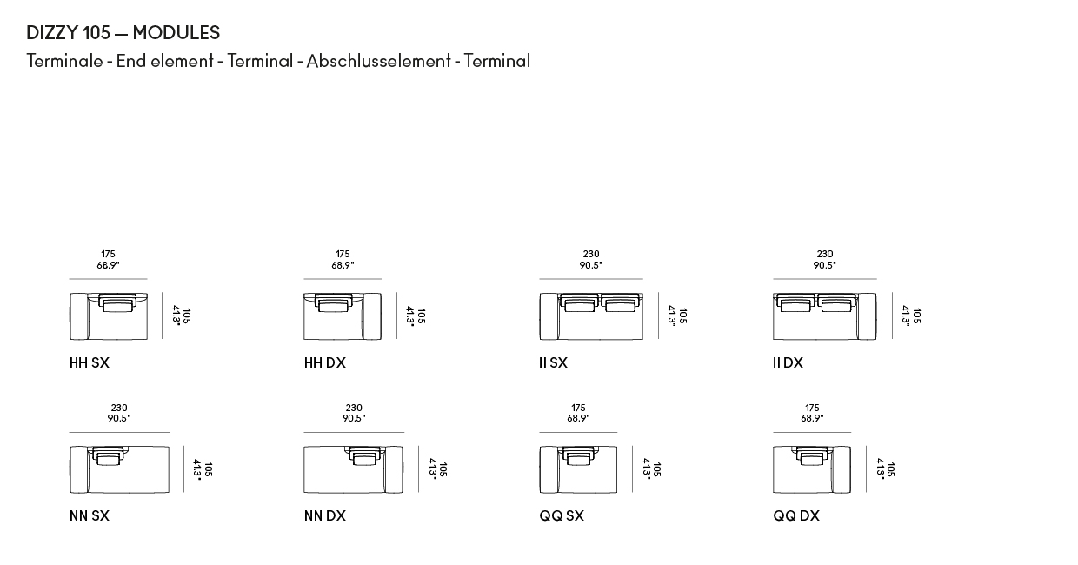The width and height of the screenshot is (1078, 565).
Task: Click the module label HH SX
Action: click(89, 362)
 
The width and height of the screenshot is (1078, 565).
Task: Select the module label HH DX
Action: click(325, 362)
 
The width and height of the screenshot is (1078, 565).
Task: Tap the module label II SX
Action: click(553, 362)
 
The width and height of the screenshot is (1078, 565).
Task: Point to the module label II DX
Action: click(788, 362)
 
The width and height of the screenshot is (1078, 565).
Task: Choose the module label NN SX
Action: click(89, 516)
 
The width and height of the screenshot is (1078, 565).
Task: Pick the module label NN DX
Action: click(325, 516)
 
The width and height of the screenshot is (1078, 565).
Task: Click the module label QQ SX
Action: click(561, 516)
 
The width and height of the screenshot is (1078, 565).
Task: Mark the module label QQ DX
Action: click(796, 516)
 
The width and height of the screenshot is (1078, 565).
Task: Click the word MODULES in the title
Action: click(176, 33)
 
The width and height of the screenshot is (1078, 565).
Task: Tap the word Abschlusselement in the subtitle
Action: click(378, 61)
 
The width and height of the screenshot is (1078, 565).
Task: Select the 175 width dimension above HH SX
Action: click(109, 254)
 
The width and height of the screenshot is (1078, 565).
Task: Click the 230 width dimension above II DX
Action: click(825, 254)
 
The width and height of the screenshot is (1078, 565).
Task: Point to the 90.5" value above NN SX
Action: click(119, 418)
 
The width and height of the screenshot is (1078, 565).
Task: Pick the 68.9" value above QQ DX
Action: click(812, 418)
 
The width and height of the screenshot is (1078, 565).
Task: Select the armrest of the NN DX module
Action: click(394, 469)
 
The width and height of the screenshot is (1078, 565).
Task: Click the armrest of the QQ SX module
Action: click(549, 469)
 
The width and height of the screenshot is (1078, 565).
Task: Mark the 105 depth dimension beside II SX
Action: click(683, 316)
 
